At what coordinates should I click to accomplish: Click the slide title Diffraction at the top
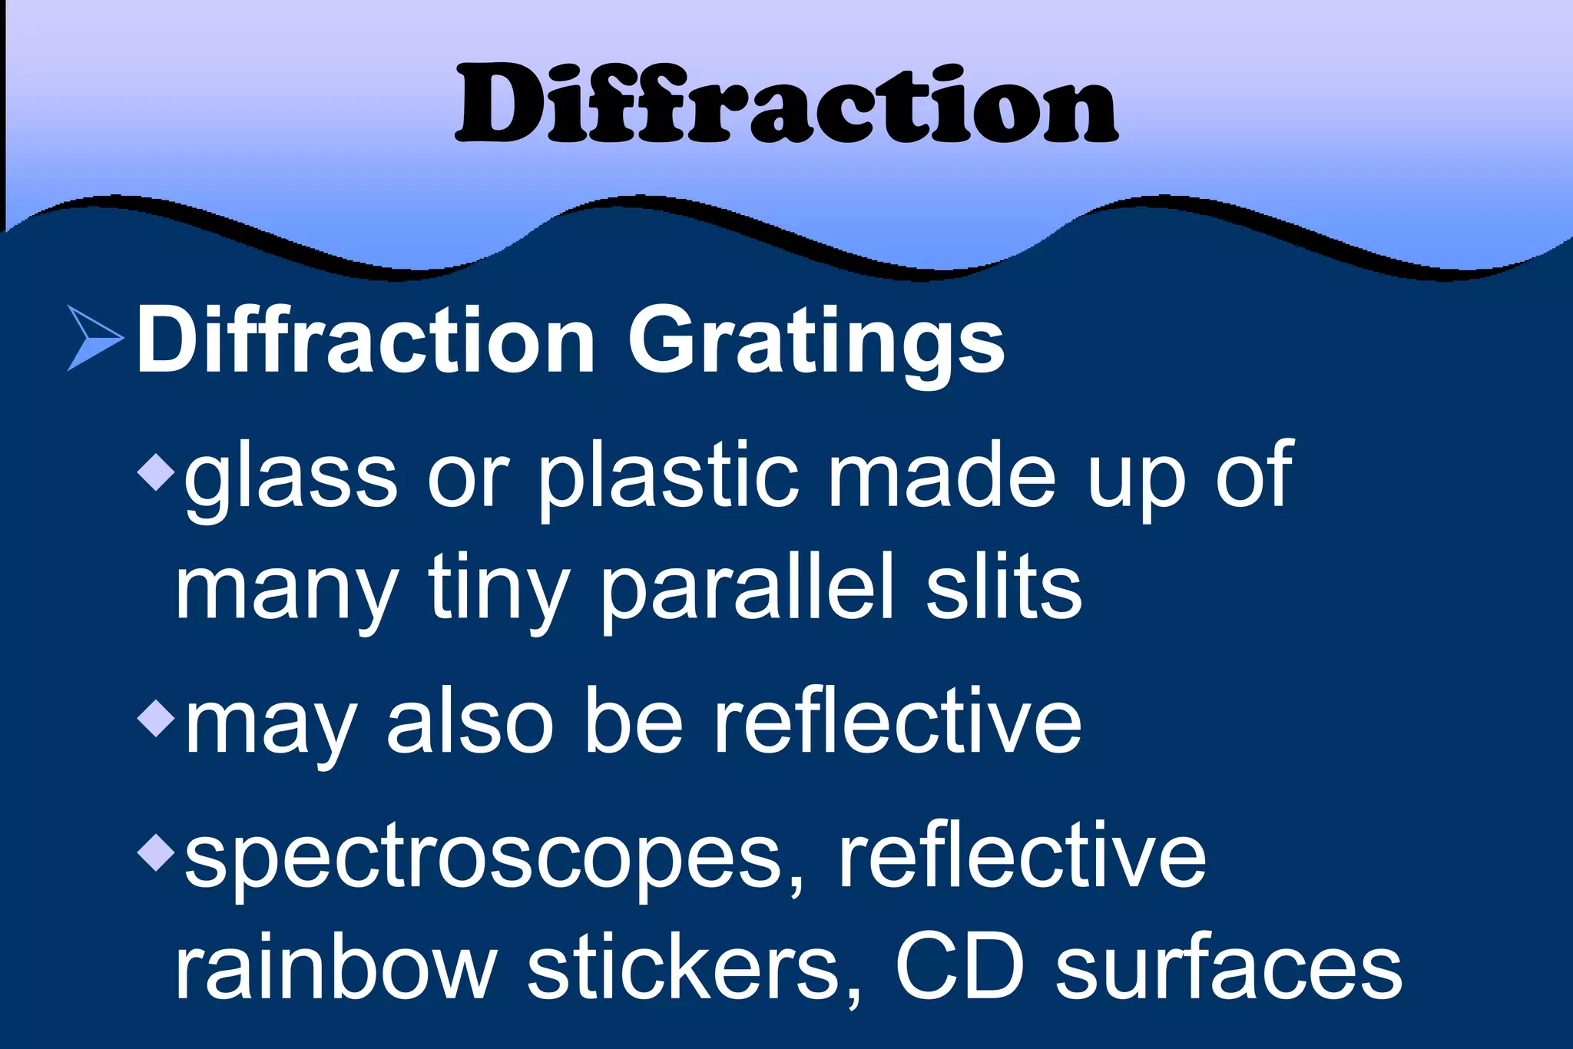click(x=786, y=105)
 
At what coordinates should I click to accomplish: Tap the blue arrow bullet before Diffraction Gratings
click(x=94, y=338)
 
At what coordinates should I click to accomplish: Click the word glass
click(x=290, y=478)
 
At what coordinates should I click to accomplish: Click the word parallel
click(x=749, y=589)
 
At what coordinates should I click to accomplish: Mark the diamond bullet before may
click(x=157, y=718)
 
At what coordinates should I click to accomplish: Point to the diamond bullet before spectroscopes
click(x=157, y=852)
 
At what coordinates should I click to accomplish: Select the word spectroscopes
click(x=493, y=859)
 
